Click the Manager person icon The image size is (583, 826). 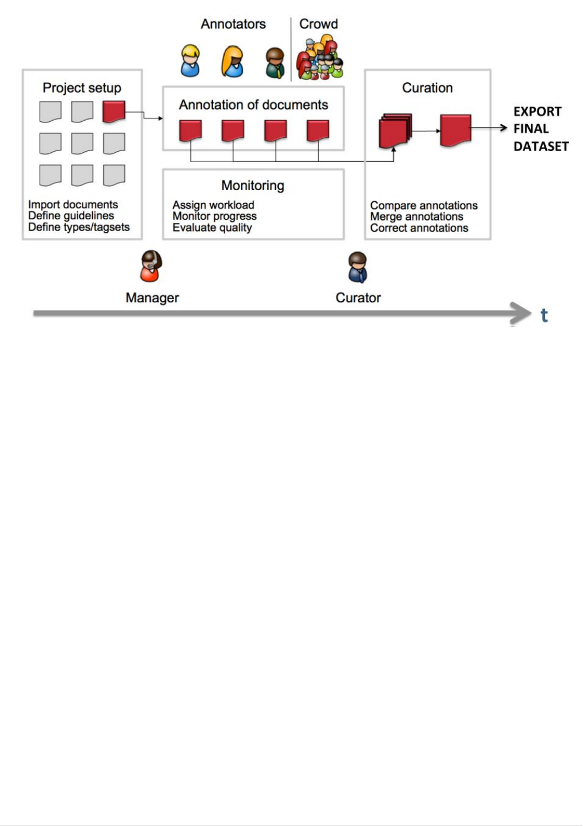pyautogui.click(x=152, y=267)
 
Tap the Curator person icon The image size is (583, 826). pyautogui.click(x=358, y=267)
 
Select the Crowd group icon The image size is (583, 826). pyautogui.click(x=320, y=58)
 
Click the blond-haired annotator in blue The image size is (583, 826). pyautogui.click(x=190, y=61)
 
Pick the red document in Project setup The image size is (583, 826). pyautogui.click(x=114, y=111)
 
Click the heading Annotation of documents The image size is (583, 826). pyautogui.click(x=253, y=105)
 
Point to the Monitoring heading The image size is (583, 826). pyautogui.click(x=253, y=185)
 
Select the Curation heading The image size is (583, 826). pyautogui.click(x=427, y=88)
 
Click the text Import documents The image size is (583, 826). pyautogui.click(x=73, y=205)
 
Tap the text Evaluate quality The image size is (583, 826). pyautogui.click(x=212, y=228)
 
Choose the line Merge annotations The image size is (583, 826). pyautogui.click(x=417, y=216)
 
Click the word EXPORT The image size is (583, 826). pyautogui.click(x=537, y=111)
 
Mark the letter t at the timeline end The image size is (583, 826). pyautogui.click(x=544, y=316)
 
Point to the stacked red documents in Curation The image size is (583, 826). pyautogui.click(x=395, y=131)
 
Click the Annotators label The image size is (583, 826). pyautogui.click(x=233, y=24)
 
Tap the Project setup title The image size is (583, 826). pyautogui.click(x=82, y=88)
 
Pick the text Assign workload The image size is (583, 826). pyautogui.click(x=213, y=205)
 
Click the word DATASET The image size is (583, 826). pyautogui.click(x=540, y=146)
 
